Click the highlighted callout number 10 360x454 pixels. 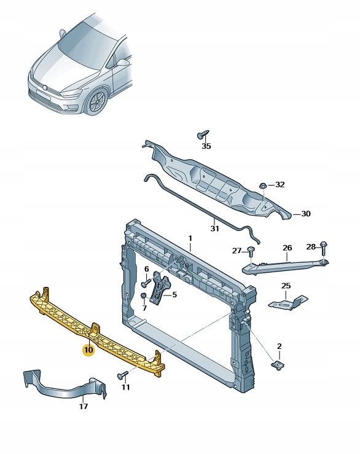(x=88, y=351)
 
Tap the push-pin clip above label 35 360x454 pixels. (x=202, y=134)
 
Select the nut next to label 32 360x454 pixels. (x=262, y=184)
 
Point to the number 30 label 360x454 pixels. (x=305, y=214)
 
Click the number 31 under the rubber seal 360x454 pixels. (x=214, y=229)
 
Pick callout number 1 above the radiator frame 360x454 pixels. (x=190, y=238)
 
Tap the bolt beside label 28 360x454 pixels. (x=324, y=246)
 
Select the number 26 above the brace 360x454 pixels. (x=287, y=248)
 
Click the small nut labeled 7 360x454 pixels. (x=143, y=297)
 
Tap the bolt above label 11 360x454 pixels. (x=121, y=375)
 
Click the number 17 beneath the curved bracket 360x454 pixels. (x=84, y=406)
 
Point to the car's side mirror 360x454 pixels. (x=123, y=62)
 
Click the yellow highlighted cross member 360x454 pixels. (x=92, y=332)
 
